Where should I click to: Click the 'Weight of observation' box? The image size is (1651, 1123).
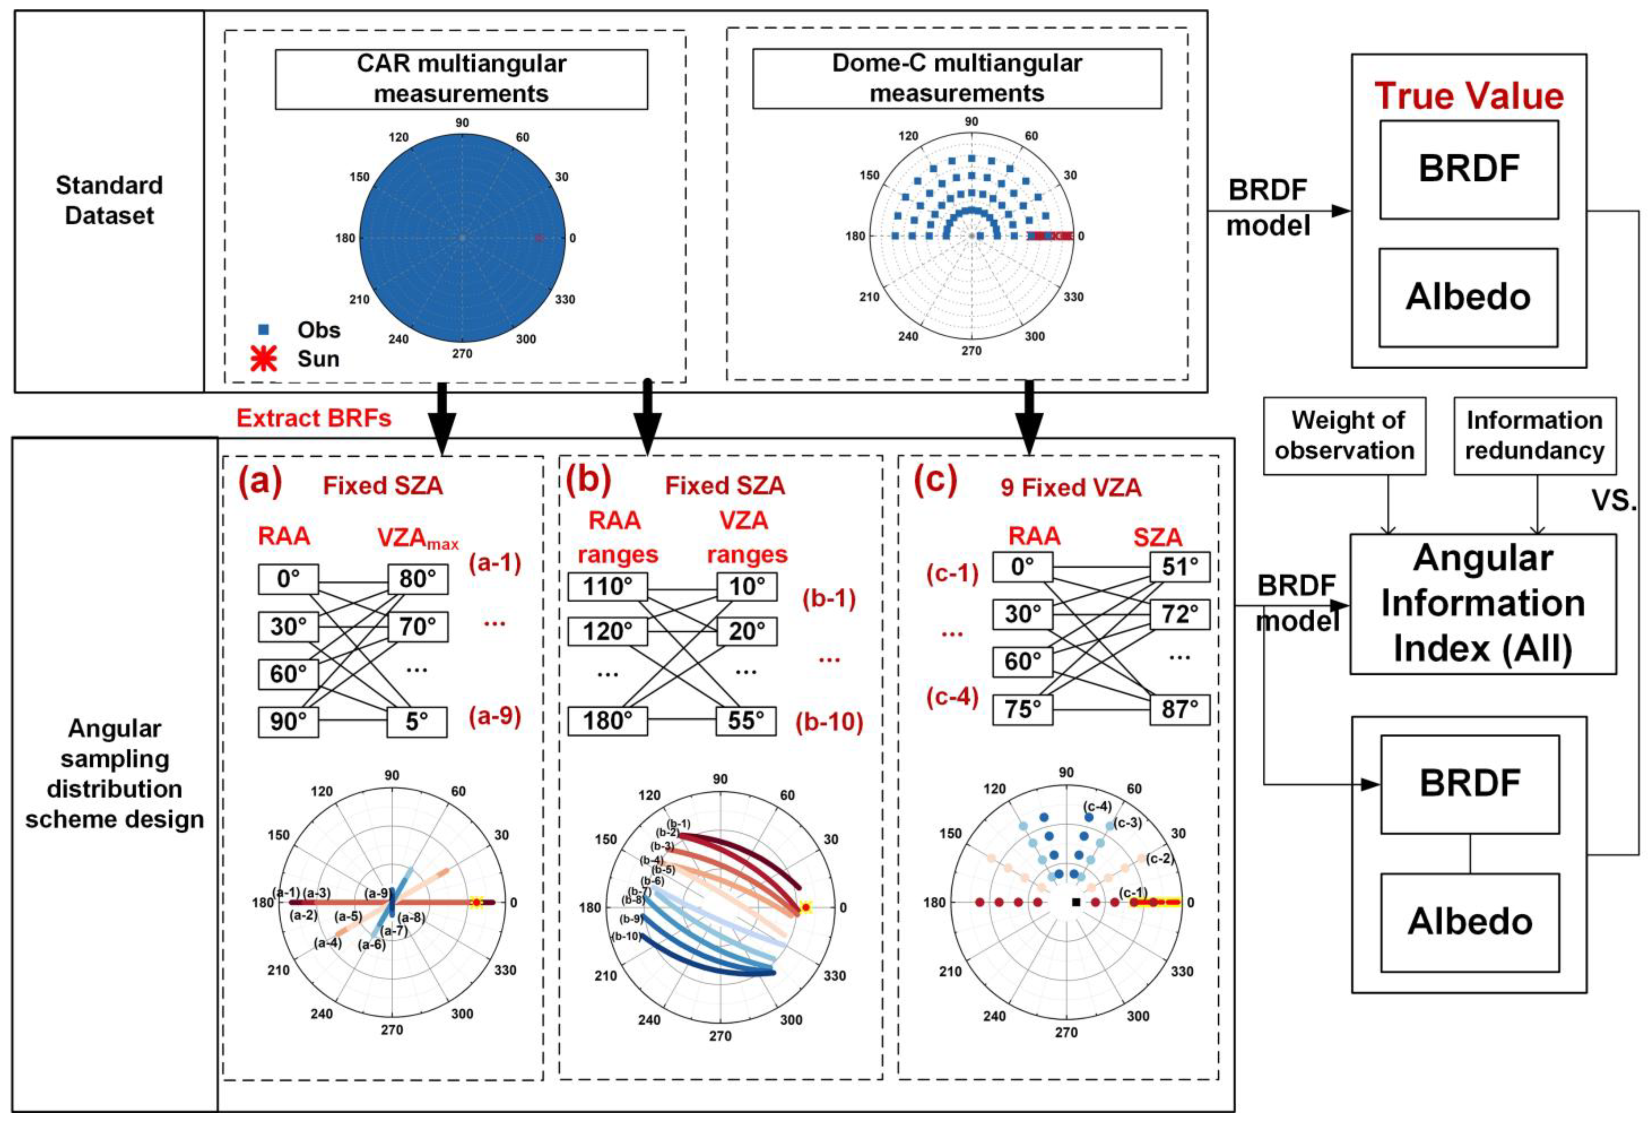tap(1344, 436)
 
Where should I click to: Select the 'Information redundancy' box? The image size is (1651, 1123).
tap(1535, 436)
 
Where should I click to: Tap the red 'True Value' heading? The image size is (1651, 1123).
tap(1469, 96)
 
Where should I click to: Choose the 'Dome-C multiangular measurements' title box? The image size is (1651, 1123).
tap(957, 78)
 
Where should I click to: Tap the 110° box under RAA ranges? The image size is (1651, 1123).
tap(607, 587)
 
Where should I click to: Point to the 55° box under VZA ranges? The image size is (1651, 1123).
tap(746, 720)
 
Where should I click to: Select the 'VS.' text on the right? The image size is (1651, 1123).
tap(1614, 501)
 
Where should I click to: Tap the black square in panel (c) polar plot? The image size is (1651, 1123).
tap(1076, 902)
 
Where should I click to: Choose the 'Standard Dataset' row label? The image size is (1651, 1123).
tap(110, 200)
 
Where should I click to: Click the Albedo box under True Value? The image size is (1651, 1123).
tap(1468, 297)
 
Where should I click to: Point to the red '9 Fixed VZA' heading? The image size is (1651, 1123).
tap(1071, 487)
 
